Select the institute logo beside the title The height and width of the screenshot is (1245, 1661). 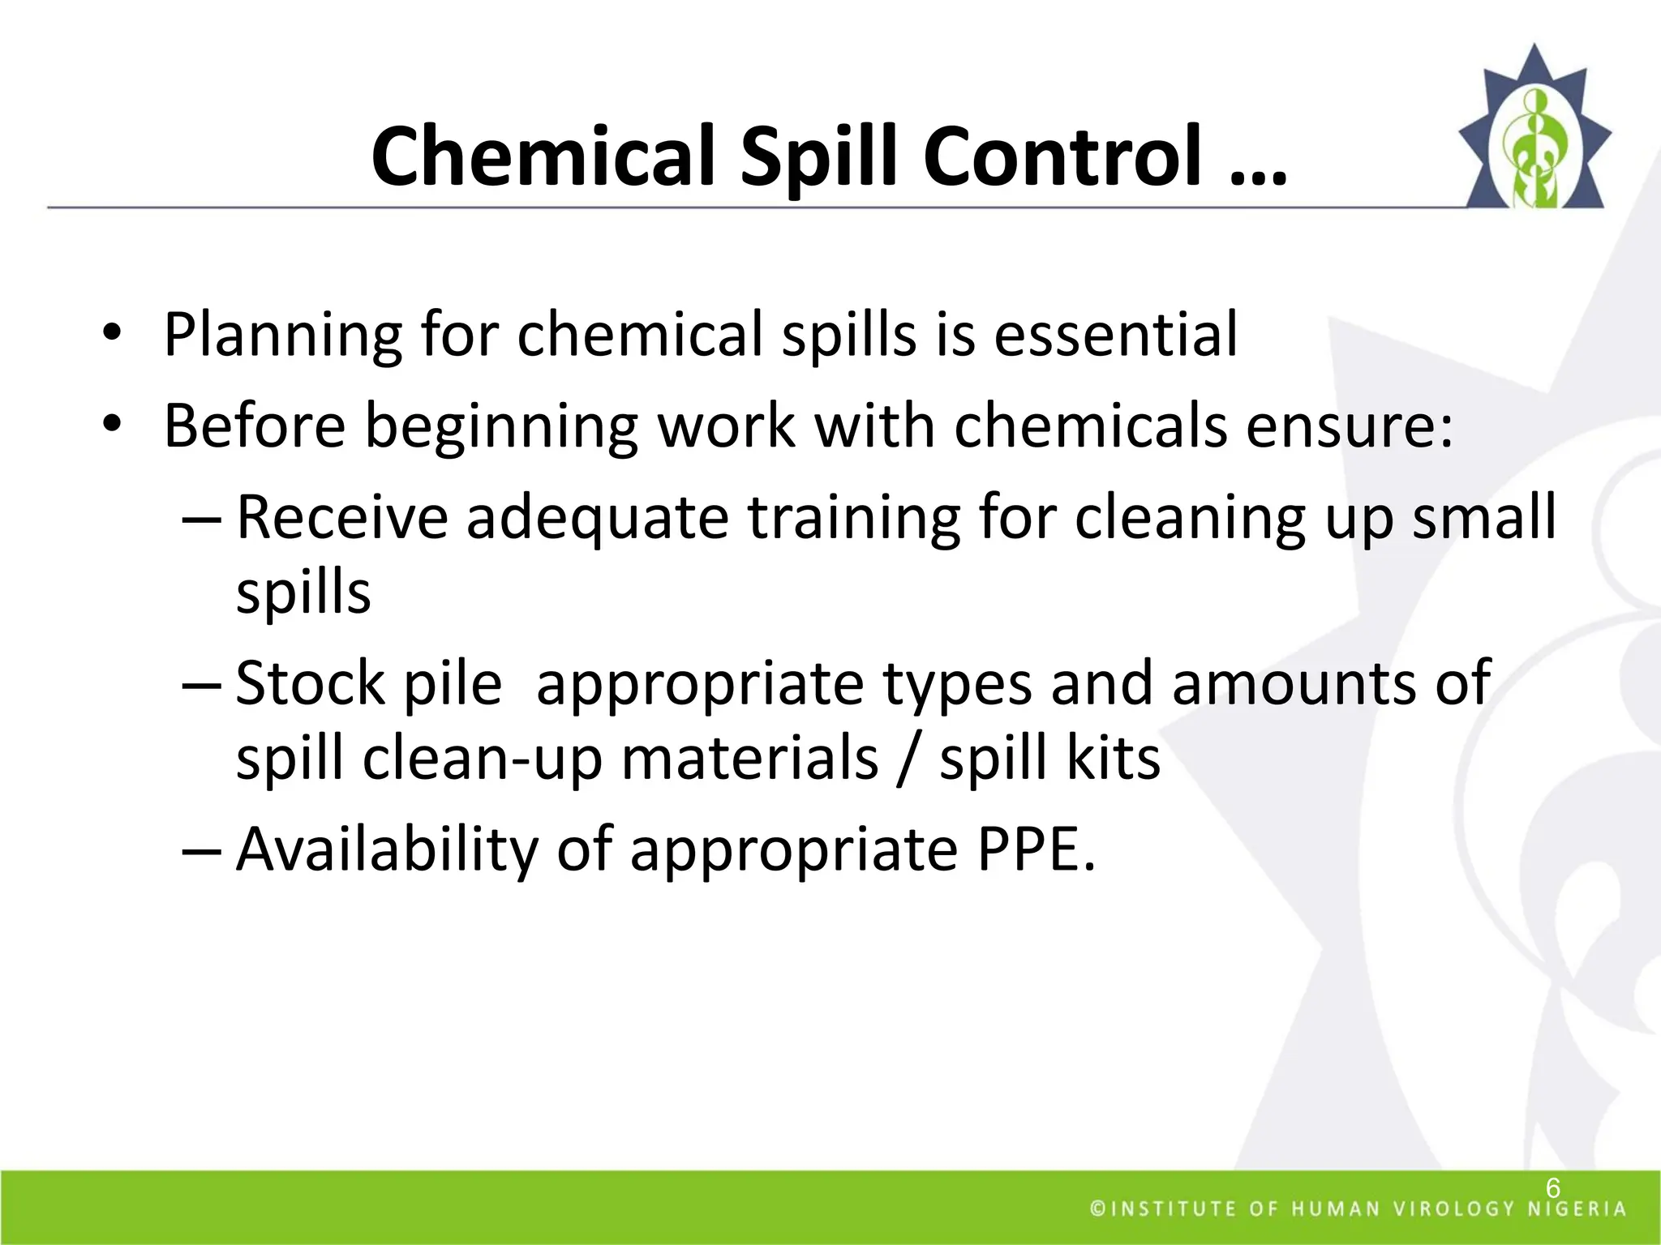pyautogui.click(x=1533, y=130)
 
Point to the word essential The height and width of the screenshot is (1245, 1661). pyautogui.click(x=1116, y=334)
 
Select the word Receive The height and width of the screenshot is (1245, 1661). pyautogui.click(x=341, y=517)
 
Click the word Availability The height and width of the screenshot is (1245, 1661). pyautogui.click(x=386, y=849)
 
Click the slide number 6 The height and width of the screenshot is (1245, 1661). pyautogui.click(x=1552, y=1188)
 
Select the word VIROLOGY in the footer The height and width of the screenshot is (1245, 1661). pyautogui.click(x=1453, y=1209)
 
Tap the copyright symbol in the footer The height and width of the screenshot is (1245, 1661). pyautogui.click(x=1097, y=1209)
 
